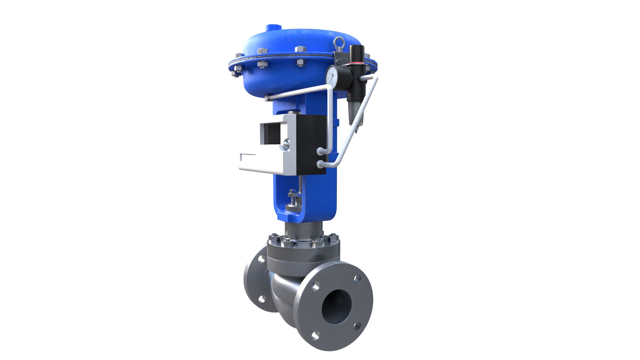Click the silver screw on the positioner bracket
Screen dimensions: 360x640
click(287, 144)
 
